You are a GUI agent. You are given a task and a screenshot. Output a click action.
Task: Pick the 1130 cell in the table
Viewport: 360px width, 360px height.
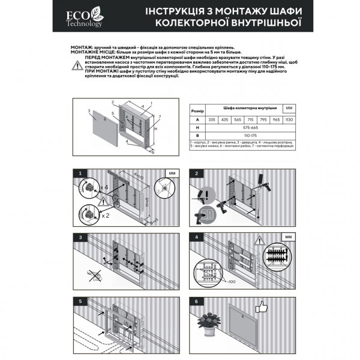(x=290, y=119)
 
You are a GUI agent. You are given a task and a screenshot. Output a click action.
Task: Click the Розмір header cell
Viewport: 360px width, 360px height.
(x=196, y=111)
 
